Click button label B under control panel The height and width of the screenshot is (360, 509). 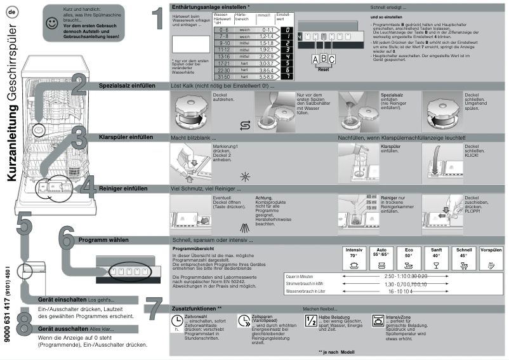(322, 58)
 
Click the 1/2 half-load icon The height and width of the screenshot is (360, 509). (311, 321)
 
